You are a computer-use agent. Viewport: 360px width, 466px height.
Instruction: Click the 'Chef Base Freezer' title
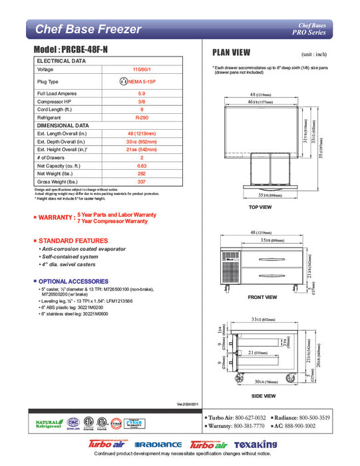[x=89, y=29]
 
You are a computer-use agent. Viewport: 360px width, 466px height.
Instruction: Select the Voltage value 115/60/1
[x=141, y=69]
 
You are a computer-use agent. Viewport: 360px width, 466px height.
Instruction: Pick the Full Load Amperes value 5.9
[x=141, y=93]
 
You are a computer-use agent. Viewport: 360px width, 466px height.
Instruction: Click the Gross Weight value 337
[x=141, y=180]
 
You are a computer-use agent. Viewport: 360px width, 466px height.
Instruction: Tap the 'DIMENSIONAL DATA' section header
[x=63, y=125]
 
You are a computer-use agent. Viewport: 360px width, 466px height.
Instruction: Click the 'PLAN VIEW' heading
[x=231, y=53]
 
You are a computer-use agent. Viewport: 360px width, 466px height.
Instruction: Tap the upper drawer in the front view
[x=268, y=260]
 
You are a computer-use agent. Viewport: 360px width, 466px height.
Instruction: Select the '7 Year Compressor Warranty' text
[x=112, y=221]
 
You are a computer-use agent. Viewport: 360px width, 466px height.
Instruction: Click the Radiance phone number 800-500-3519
[x=331, y=417]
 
